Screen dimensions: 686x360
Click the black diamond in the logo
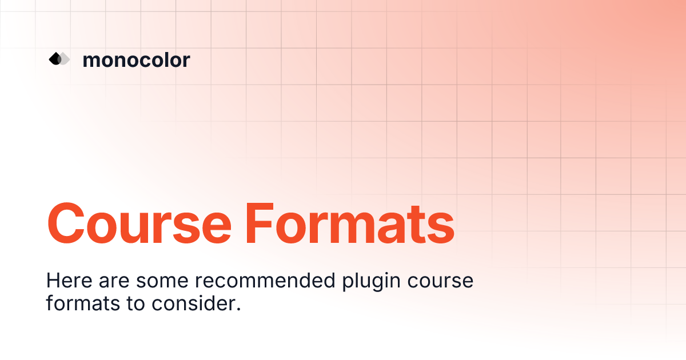click(x=55, y=59)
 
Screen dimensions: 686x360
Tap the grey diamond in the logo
click(x=64, y=59)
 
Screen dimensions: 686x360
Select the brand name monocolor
click(x=136, y=60)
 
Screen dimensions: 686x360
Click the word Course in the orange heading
click(x=139, y=224)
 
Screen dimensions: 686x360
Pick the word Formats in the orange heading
click(x=350, y=224)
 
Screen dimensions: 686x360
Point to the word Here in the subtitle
click(x=69, y=281)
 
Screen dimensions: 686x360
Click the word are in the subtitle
click(x=114, y=282)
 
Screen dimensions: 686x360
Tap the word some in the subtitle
click(x=162, y=282)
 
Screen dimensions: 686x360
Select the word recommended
click(x=265, y=281)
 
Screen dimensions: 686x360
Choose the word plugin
click(x=371, y=282)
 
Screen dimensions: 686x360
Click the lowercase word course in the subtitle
click(x=440, y=282)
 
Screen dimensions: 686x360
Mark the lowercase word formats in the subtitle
click(x=83, y=303)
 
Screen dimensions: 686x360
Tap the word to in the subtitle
click(x=135, y=304)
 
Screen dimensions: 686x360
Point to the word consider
click(x=193, y=303)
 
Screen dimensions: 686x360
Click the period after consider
click(x=238, y=309)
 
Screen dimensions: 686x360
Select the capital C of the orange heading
click(x=66, y=224)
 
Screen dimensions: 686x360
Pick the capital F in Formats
click(x=260, y=224)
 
